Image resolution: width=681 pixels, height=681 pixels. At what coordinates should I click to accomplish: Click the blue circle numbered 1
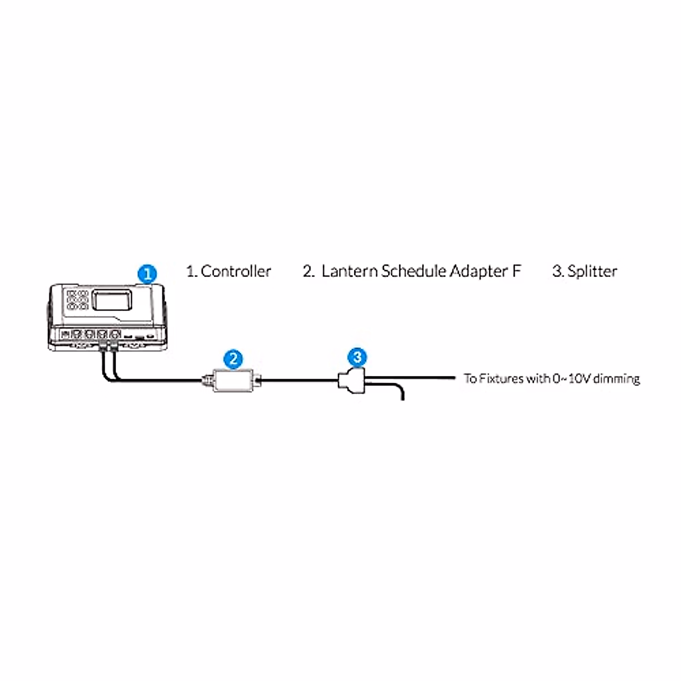coord(148,274)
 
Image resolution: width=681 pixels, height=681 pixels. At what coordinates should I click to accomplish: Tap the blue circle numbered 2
coord(233,359)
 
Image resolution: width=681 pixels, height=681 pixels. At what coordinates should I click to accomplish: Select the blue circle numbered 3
coord(357,357)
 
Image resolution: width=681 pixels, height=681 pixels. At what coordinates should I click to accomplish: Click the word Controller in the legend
coord(236,271)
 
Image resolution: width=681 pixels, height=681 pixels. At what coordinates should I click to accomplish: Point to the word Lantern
coord(350,271)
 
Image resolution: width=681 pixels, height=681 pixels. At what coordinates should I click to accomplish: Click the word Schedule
coord(414,271)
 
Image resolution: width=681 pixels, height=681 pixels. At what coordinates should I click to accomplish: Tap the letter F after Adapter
coord(516,271)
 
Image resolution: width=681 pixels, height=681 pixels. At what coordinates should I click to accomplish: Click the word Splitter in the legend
coord(592,271)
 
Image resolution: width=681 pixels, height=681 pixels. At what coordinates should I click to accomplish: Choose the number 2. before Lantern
coord(308,271)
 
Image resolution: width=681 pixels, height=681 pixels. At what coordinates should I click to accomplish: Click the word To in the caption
coord(470,378)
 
